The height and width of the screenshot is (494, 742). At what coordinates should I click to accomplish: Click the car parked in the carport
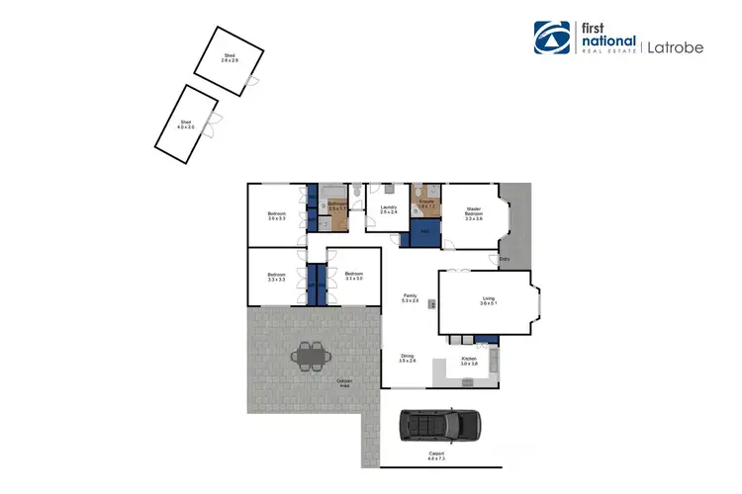[x=439, y=426]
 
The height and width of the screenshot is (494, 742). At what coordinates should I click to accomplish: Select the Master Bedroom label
[x=474, y=213]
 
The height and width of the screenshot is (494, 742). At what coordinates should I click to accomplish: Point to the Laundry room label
[x=388, y=209]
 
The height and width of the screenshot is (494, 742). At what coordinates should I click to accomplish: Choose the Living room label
[x=488, y=300]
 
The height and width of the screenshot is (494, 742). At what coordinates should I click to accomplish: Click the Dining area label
[x=407, y=358]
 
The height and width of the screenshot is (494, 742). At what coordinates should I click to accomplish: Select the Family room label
[x=410, y=296]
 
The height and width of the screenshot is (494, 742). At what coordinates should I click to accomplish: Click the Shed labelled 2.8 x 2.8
[x=230, y=59]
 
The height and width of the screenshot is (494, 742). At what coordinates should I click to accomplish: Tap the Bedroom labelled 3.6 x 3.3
[x=276, y=215]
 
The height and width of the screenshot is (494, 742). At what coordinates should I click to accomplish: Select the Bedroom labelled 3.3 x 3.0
[x=354, y=276]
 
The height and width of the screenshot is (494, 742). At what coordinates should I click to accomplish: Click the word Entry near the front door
[x=505, y=260]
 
